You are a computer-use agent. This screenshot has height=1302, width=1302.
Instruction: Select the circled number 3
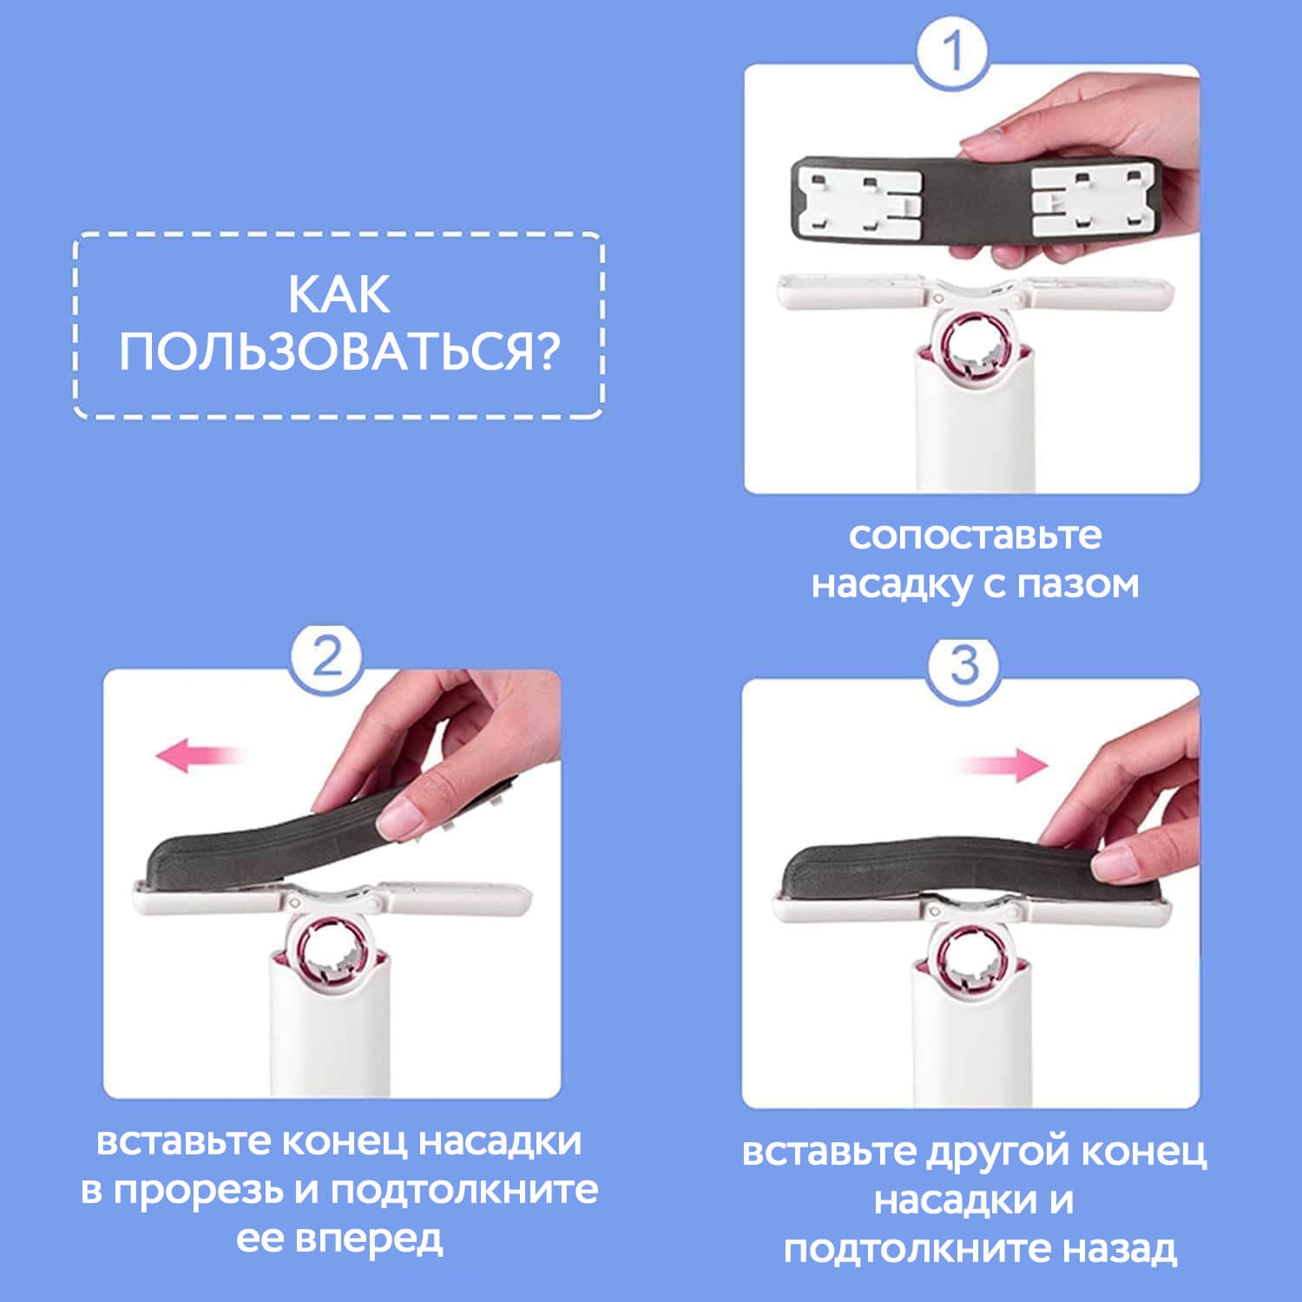(963, 667)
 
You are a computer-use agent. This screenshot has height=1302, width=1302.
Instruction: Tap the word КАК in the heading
(339, 295)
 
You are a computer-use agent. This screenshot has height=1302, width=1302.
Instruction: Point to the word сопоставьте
(975, 536)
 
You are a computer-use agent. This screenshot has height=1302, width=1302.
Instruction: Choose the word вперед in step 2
(369, 1239)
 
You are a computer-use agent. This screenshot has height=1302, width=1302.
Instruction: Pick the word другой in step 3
(985, 1152)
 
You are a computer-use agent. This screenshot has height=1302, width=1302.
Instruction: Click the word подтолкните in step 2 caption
(464, 1191)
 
